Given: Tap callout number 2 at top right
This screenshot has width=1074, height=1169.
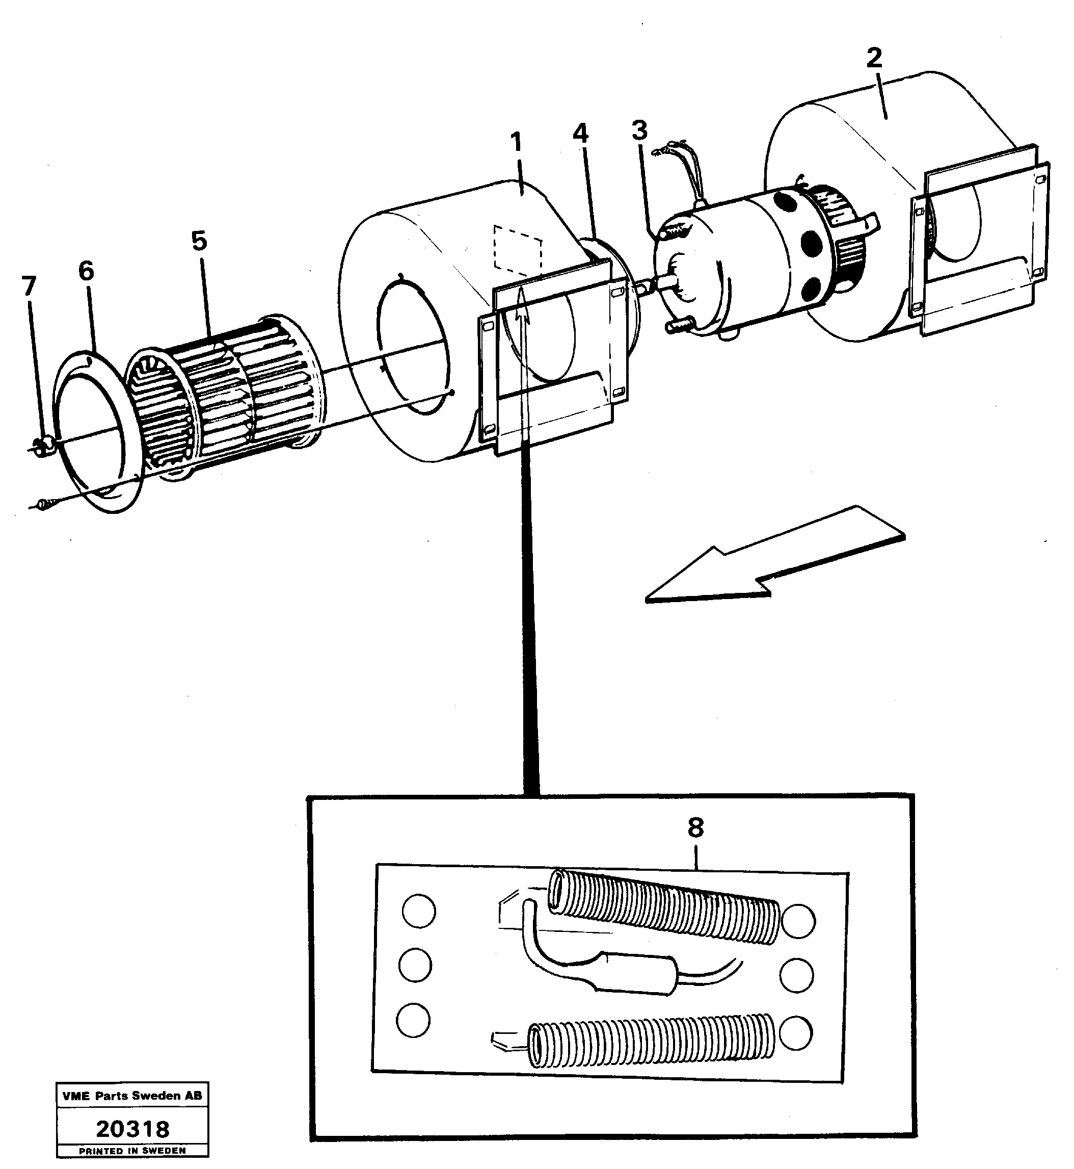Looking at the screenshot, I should (x=873, y=58).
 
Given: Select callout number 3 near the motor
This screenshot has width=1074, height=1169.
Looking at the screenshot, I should (x=639, y=131).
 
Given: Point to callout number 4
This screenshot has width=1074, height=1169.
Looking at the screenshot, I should (x=580, y=134).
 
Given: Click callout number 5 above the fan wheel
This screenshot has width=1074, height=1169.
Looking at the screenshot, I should (x=199, y=240).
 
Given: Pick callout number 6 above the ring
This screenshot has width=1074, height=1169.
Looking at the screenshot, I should (x=86, y=270).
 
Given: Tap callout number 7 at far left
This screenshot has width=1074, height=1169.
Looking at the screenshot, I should (x=29, y=285).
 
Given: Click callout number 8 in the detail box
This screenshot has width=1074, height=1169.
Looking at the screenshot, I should (x=695, y=827).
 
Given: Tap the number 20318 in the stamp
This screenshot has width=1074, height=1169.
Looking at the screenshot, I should (x=132, y=1129).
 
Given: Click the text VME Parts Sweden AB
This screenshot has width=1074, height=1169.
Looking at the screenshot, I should (x=132, y=1096).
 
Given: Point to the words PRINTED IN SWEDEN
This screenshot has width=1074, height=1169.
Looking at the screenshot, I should (x=132, y=1150).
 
